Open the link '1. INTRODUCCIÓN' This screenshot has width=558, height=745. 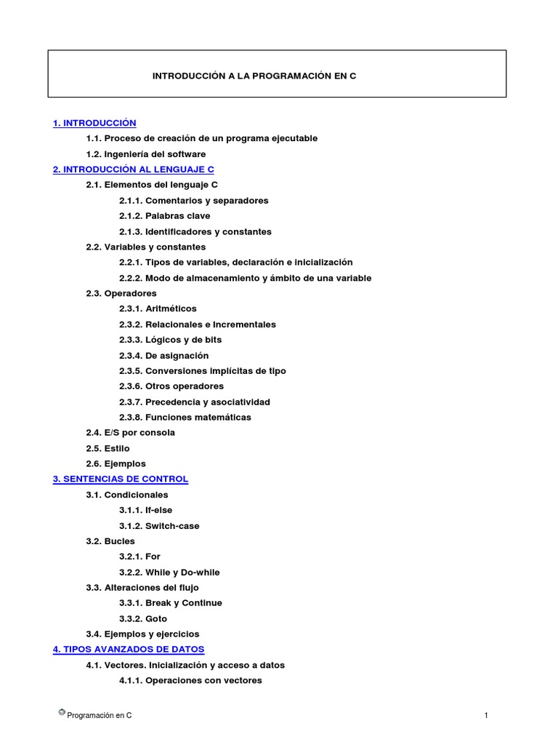(94, 123)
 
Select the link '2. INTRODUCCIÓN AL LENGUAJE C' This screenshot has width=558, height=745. (133, 170)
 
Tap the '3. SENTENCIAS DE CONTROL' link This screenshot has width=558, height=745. (121, 479)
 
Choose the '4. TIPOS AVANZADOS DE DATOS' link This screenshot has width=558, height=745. (129, 649)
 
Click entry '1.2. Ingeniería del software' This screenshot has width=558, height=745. (145, 154)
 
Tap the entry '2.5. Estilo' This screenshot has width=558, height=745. (108, 448)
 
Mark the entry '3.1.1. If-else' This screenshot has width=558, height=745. (146, 510)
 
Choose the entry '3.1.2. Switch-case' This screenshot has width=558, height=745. (159, 525)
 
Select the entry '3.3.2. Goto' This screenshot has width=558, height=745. (143, 618)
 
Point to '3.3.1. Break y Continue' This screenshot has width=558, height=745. (171, 602)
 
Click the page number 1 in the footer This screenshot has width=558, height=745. (486, 716)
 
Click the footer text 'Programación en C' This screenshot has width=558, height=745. (100, 716)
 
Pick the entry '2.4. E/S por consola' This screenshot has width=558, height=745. (130, 432)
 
